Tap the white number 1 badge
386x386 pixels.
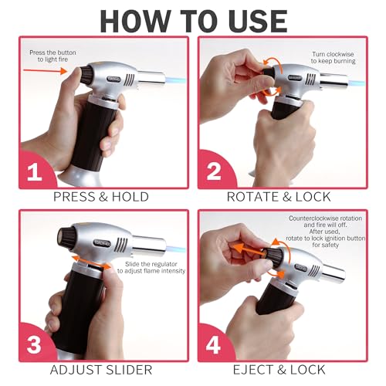[x=34, y=172]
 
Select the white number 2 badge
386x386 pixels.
[x=214, y=171]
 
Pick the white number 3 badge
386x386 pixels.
[x=34, y=345]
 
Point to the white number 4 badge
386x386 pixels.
[x=213, y=345]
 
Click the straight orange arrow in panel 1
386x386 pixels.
[x=46, y=70]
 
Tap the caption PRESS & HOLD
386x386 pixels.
[x=101, y=197]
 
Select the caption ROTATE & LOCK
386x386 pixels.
[x=279, y=197]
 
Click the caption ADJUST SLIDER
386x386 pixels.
[x=101, y=370]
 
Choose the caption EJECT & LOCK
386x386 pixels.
[x=279, y=370]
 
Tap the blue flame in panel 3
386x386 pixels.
[x=176, y=249]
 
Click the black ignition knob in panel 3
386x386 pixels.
[x=66, y=236]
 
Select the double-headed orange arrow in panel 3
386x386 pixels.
[x=91, y=262]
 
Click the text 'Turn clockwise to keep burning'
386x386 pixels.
[x=333, y=58]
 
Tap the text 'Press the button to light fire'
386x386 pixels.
[x=52, y=56]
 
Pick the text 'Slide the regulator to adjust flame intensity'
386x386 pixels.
[x=151, y=267]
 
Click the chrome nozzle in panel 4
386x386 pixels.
[x=334, y=273]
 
